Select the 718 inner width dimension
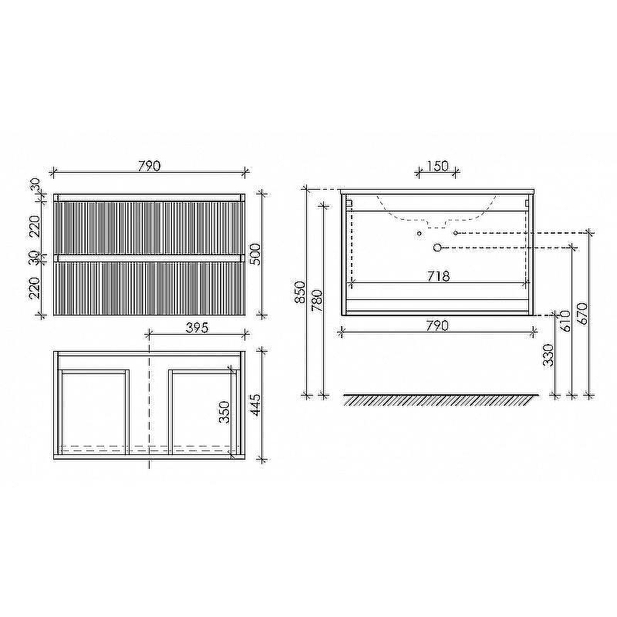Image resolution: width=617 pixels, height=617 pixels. tap(437, 275)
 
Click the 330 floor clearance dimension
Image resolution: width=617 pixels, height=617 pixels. tap(548, 356)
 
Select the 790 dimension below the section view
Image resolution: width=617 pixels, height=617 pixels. tap(437, 326)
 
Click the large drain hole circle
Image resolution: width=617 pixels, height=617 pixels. tap(437, 248)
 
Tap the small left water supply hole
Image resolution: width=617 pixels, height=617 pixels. tap(419, 232)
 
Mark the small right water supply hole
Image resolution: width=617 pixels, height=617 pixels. tap(456, 232)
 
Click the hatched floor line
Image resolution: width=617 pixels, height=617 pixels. tap(437, 400)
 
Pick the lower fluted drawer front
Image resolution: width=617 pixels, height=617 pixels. tap(148, 288)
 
